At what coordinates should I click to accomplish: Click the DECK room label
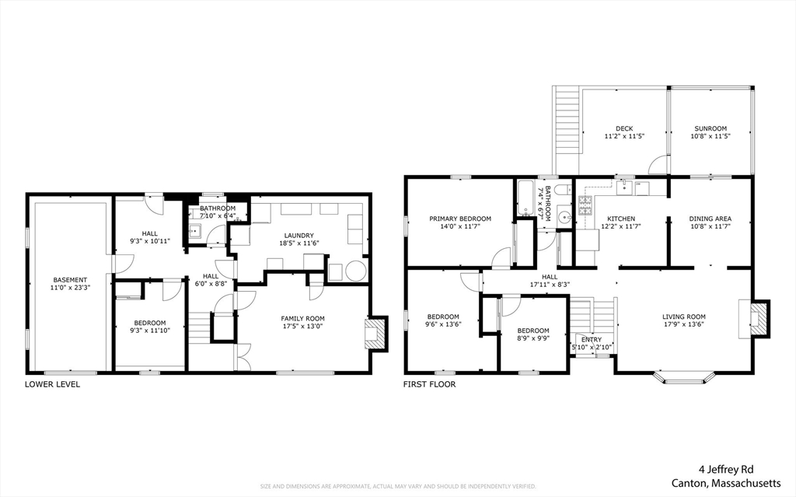coord(624,128)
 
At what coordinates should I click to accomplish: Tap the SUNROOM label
coord(710,128)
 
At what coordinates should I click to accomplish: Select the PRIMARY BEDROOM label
coord(460,219)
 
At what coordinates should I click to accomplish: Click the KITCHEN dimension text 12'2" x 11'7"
coord(621,227)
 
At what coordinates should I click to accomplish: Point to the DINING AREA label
coord(710,219)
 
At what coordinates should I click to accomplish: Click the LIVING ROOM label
coord(683,317)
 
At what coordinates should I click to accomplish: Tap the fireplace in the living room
coord(759,319)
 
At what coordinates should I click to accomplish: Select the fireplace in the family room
coord(377,333)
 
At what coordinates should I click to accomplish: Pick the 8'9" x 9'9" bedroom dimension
coord(533,339)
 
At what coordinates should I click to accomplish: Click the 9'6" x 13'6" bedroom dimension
coord(444,325)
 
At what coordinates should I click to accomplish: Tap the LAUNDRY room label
coord(299,235)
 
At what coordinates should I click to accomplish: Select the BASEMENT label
coord(70,279)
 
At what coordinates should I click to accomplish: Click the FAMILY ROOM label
coord(302,318)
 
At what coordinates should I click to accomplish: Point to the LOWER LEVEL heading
coord(52,384)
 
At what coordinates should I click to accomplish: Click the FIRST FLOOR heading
coord(429,384)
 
